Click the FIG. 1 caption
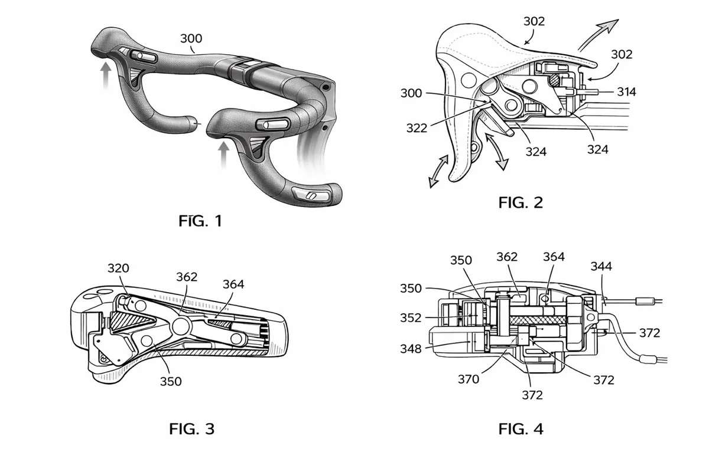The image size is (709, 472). pos(200,222)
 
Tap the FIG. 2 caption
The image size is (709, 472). pos(521,202)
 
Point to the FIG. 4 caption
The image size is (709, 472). pos(521,429)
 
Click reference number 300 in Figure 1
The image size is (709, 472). pos(190,39)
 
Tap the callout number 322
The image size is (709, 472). pos(417,127)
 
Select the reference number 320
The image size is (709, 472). pos(119,268)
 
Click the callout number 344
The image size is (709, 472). pos(601,266)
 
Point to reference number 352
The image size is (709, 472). pos(411,317)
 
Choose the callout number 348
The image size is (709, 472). pos(411,349)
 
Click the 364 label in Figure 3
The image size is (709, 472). pos(233,284)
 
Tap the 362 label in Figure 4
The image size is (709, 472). pos(507,257)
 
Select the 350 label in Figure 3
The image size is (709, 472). pos(170,381)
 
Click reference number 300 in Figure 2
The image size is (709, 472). pos(412,93)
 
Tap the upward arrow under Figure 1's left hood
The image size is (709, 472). pos(105,76)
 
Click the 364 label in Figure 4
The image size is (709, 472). pos(554,257)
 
